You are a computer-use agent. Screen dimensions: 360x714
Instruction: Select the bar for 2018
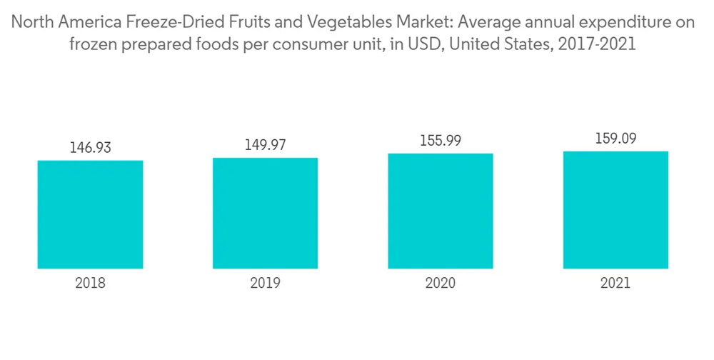pos(90,214)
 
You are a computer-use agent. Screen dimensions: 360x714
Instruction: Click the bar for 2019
pos(265,213)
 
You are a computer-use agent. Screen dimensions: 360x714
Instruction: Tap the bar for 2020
pos(441,211)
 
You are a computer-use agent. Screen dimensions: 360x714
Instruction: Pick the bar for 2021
pos(615,210)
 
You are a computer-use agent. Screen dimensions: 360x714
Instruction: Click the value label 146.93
pos(90,148)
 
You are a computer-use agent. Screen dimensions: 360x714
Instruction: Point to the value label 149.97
pos(265,145)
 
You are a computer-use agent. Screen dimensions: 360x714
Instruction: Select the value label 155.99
pos(441,141)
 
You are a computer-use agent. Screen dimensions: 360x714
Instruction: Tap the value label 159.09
pos(615,139)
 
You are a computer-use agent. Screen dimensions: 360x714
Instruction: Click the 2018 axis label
pos(90,283)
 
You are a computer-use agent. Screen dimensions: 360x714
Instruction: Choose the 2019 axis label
pos(265,283)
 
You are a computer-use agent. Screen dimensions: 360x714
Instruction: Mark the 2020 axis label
pos(441,283)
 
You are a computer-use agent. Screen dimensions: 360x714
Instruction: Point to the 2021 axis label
pos(615,283)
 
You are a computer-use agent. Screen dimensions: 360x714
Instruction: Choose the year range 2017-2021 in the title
pos(599,44)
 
